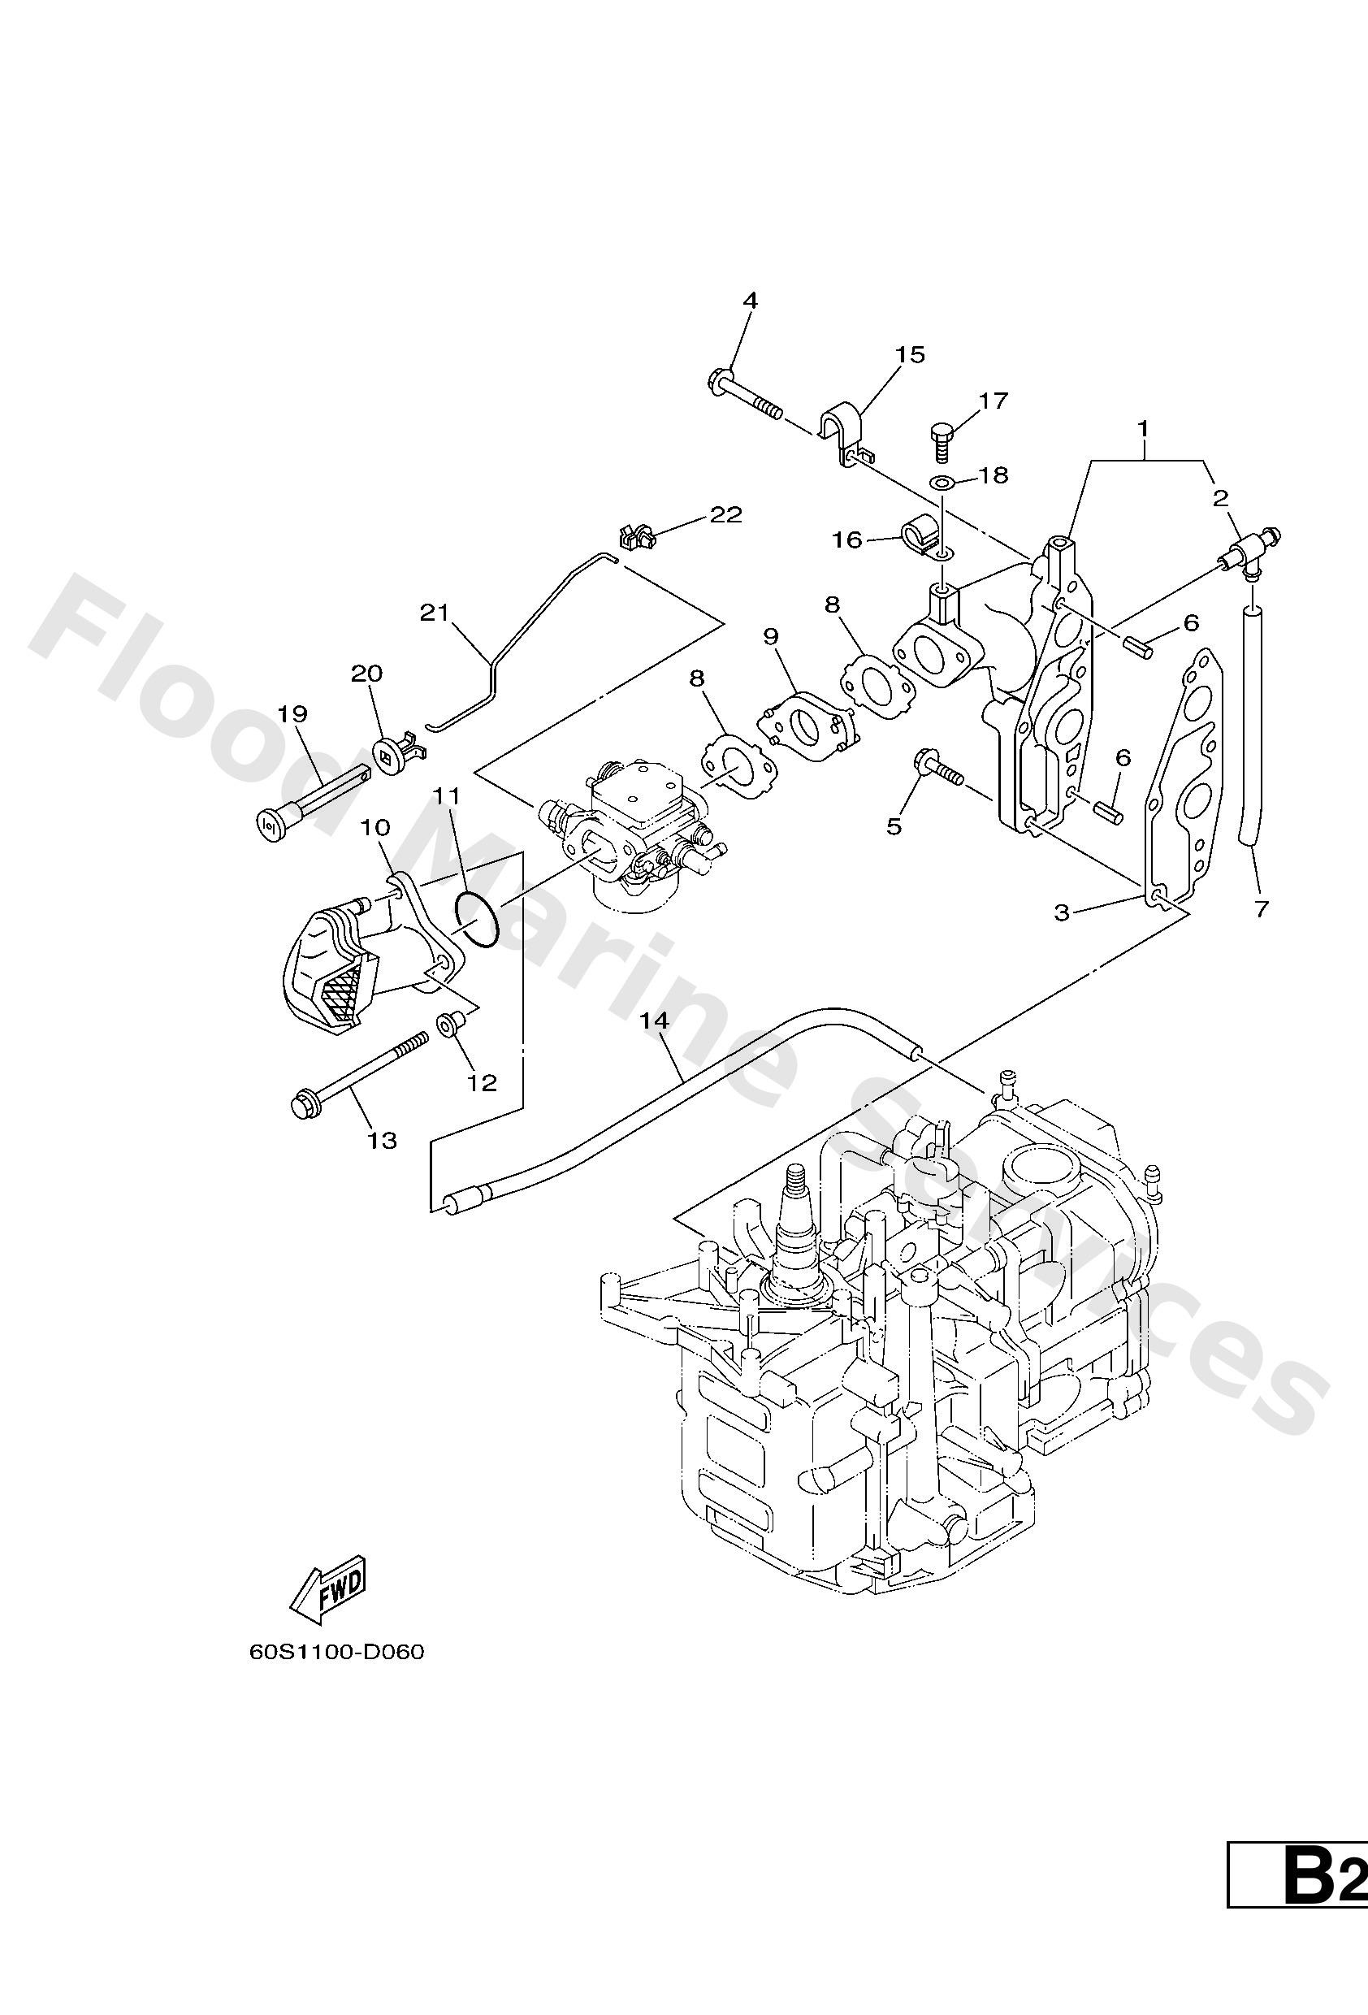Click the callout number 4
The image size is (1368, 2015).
click(x=750, y=301)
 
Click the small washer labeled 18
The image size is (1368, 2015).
click(x=942, y=481)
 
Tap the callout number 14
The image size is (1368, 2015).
click(x=656, y=1021)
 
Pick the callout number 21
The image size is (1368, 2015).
click(x=435, y=613)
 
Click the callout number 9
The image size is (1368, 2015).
click(x=771, y=636)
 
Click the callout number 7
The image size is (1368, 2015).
click(x=1262, y=908)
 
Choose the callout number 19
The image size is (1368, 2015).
click(x=293, y=713)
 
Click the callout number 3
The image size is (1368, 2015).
click(x=1062, y=912)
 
